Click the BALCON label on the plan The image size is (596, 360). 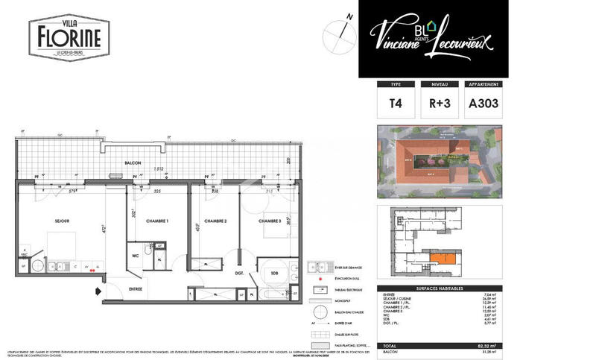tap(133, 162)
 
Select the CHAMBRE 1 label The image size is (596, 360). tap(157, 221)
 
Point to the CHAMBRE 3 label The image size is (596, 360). tap(270, 221)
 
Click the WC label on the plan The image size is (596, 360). tap(136, 254)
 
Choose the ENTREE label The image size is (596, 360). tap(136, 288)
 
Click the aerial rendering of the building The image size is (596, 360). tap(438, 162)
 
